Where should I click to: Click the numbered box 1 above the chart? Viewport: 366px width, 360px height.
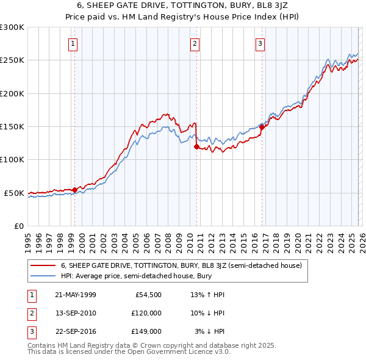tap(73, 43)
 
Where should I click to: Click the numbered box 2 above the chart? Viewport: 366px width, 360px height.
tap(195, 43)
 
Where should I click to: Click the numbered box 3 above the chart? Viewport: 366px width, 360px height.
tap(260, 43)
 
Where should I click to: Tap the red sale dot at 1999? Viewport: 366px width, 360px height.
tap(75, 190)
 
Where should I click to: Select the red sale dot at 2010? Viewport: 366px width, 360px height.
tap(196, 146)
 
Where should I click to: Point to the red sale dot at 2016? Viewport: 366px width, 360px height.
tap(262, 127)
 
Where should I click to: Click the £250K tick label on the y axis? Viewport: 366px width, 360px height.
tap(12, 60)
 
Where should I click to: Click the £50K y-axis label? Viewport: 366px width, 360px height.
tap(14, 193)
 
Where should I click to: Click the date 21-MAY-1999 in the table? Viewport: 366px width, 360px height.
tap(75, 295)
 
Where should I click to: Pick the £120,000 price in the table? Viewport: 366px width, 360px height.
tap(146, 313)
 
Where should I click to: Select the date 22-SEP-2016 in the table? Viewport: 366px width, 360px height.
tap(75, 331)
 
